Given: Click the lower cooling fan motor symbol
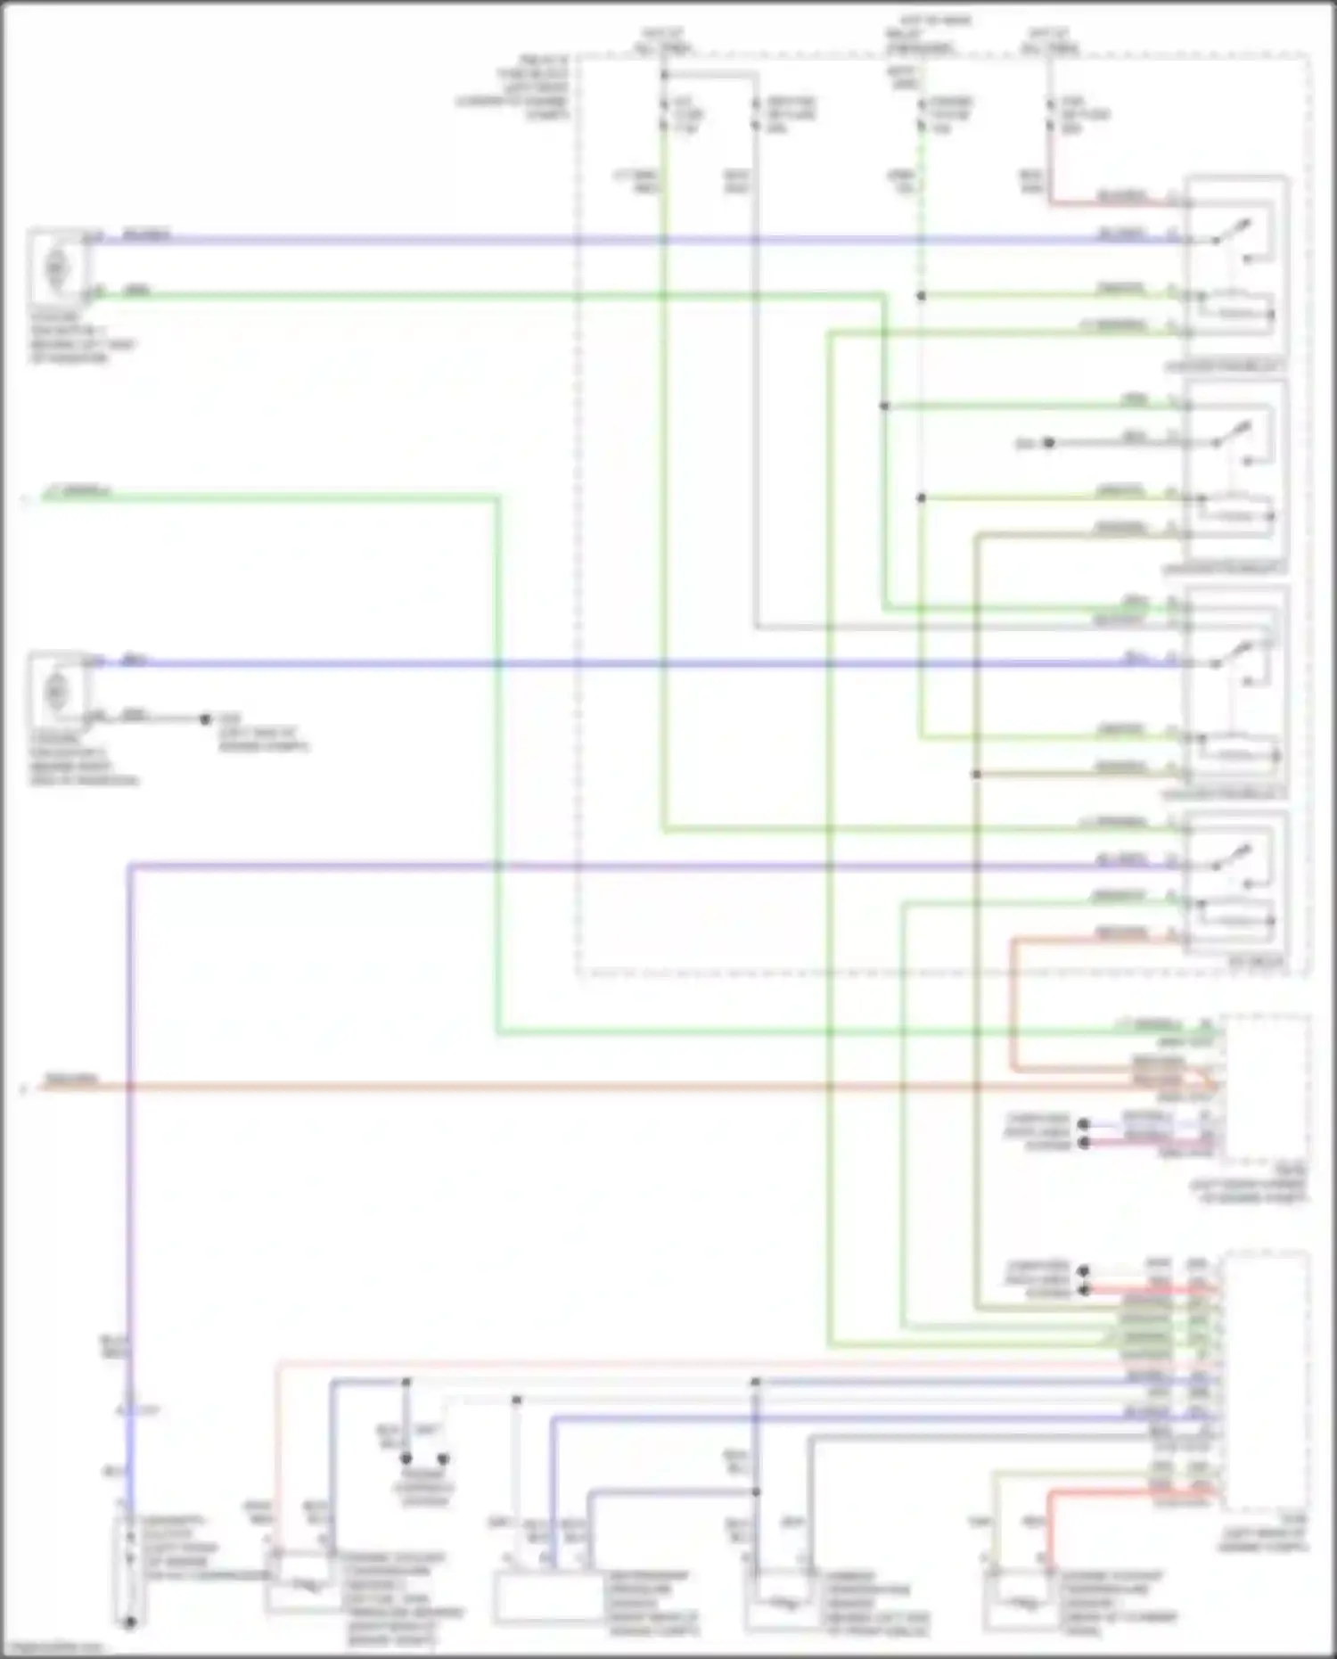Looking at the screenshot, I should tap(56, 690).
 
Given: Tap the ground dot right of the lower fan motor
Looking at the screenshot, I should tap(205, 719).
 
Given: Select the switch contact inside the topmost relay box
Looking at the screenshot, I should tap(1234, 234).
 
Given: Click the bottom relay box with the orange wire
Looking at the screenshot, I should tap(1235, 883).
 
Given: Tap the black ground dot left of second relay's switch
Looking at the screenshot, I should tap(1049, 442).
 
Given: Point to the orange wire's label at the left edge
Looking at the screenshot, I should tap(71, 1080).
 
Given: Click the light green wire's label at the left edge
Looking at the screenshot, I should tap(76, 491).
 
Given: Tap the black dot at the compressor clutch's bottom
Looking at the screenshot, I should tap(129, 1622).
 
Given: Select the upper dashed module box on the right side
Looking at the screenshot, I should tap(1266, 1088).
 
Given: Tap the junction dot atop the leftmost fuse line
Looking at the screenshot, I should tap(663, 75).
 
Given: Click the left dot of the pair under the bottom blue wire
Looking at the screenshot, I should tap(406, 1458).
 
